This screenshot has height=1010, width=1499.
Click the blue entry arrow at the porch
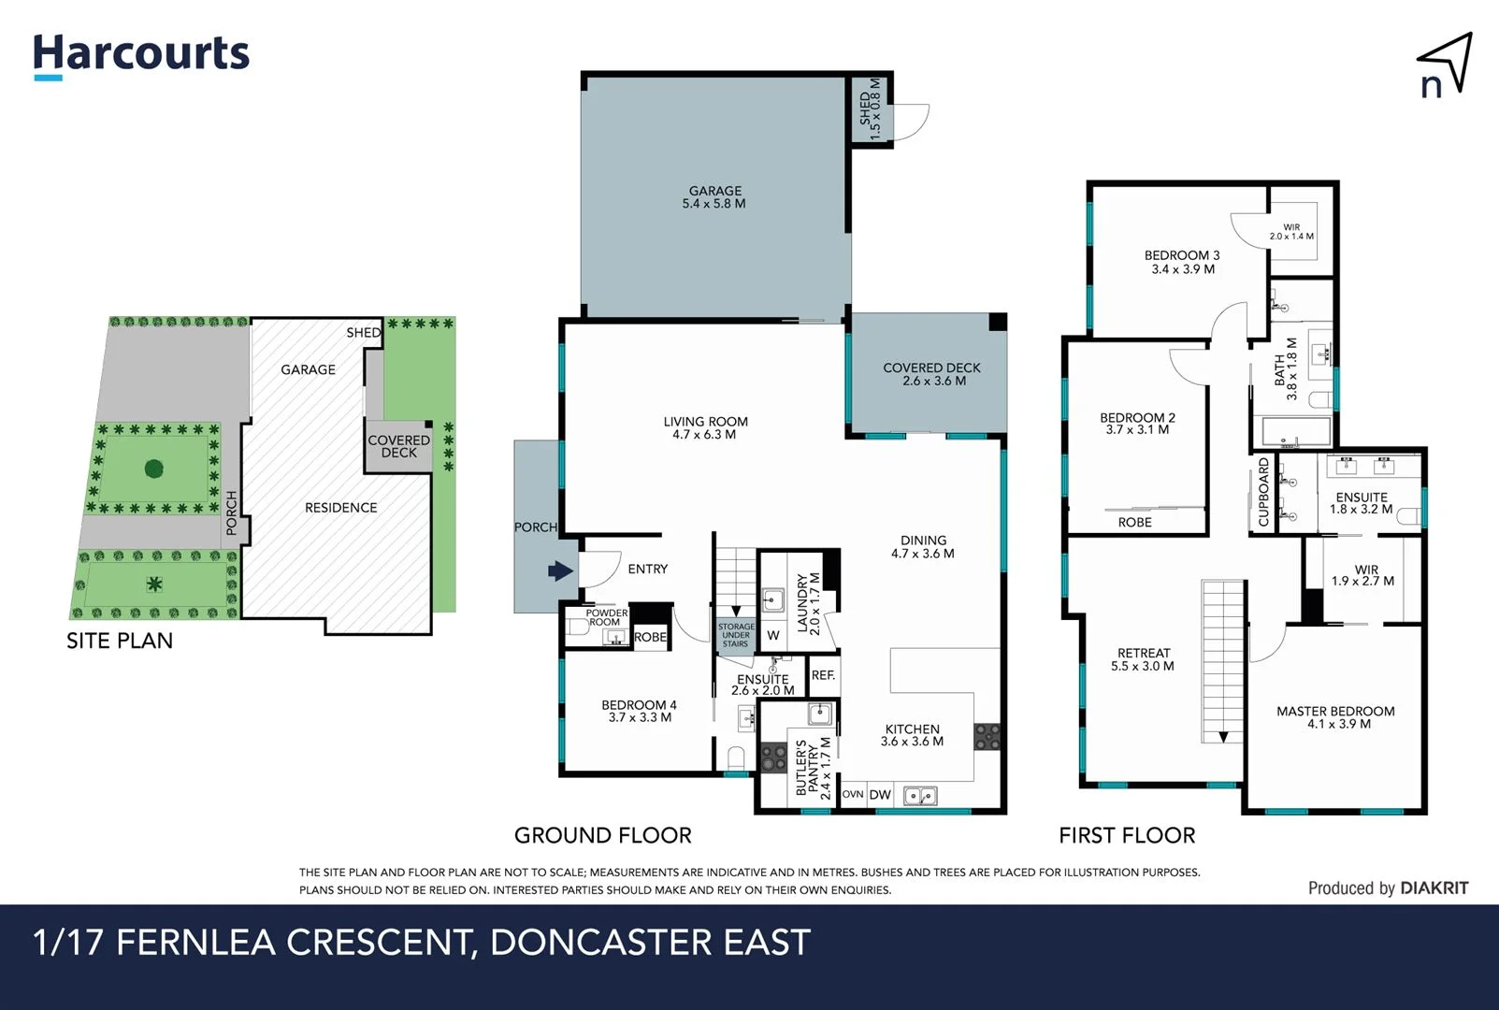coord(560,570)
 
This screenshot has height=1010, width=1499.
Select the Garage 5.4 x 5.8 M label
coord(714,197)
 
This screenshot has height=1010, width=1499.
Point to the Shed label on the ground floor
coord(870,108)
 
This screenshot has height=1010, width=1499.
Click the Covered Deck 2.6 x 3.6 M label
coord(931,374)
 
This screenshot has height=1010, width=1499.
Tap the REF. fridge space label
coord(823,675)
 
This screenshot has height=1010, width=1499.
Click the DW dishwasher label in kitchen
coord(880,795)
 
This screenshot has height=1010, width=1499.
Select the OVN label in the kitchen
coord(853,794)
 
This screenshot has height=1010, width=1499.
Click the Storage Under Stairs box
coord(736,635)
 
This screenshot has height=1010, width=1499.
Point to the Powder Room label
coord(605,617)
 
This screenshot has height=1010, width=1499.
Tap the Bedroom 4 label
coord(640,712)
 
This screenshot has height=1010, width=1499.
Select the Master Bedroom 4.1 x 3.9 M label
coord(1334,717)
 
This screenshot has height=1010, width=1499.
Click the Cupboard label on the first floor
coord(1263,492)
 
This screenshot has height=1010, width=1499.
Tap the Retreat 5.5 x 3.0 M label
coord(1143,659)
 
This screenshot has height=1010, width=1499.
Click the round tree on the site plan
coord(153,468)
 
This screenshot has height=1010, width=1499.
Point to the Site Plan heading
coord(120,641)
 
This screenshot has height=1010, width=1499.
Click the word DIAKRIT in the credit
coord(1434,888)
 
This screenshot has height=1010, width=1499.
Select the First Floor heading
coord(1127,835)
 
